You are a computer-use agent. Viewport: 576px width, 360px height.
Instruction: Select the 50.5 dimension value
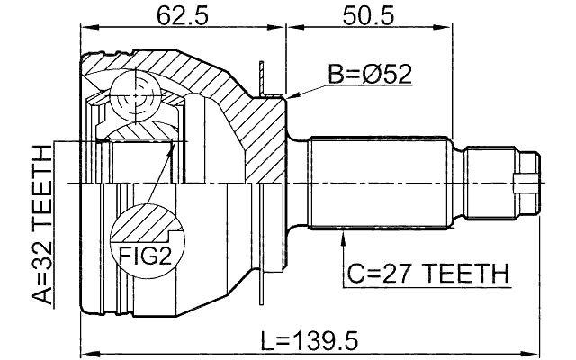pyautogui.click(x=369, y=15)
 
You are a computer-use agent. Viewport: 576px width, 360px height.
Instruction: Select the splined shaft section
pyautogui.click(x=378, y=183)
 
